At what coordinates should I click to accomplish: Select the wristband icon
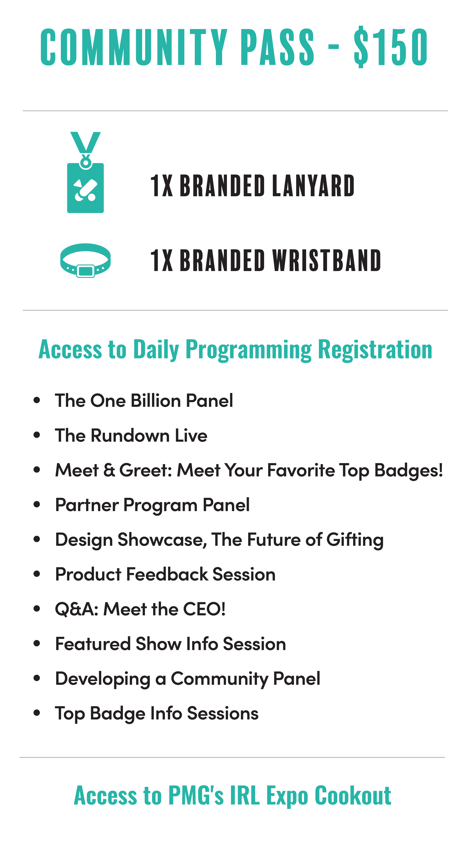tap(85, 260)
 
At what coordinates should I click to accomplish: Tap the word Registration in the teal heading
tap(375, 349)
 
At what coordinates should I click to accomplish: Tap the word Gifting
tap(355, 540)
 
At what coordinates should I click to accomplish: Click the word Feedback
tap(167, 575)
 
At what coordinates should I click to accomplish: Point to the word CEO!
tap(204, 609)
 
